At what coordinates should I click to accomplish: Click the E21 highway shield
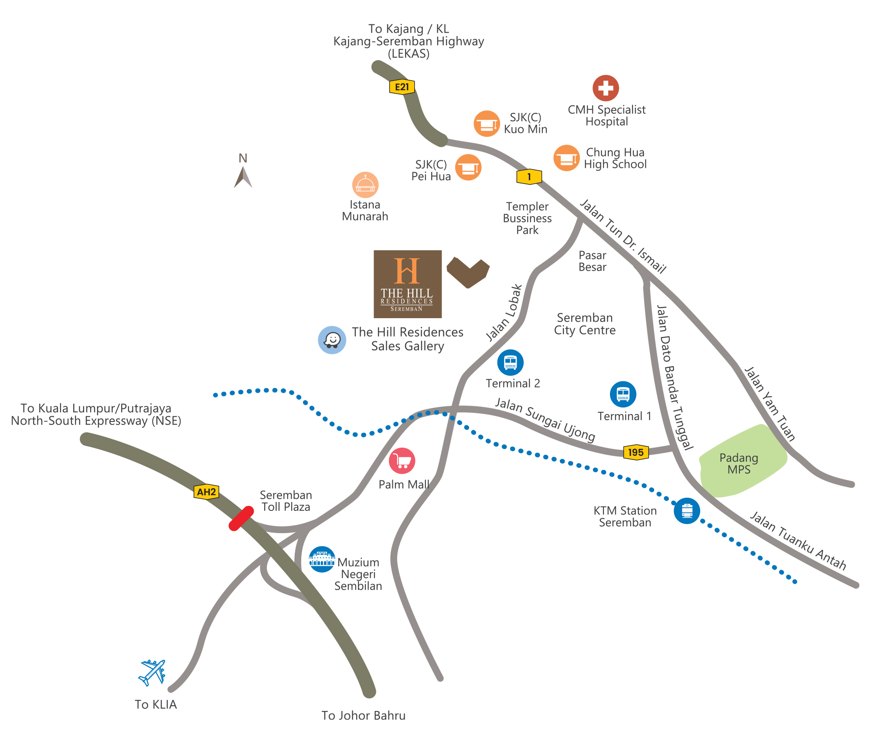402,87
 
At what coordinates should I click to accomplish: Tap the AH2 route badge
206,492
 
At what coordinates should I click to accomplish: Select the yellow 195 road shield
636,452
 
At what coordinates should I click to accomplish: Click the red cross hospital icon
606,88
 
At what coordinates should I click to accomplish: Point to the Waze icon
332,340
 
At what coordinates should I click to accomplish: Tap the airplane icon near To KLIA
152,672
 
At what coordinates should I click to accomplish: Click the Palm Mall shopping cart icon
402,461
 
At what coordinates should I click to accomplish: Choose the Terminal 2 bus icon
510,362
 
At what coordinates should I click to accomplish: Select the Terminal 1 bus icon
623,394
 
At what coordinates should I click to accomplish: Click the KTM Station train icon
687,510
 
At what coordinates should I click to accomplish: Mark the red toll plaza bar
241,518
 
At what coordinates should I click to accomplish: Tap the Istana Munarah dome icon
365,185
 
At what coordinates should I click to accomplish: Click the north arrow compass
243,176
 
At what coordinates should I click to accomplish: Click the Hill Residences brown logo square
408,284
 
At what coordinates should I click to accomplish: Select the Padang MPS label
739,464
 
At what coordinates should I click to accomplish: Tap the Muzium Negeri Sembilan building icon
322,559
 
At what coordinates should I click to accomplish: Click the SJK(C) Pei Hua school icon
468,167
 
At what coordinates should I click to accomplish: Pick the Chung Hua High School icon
566,158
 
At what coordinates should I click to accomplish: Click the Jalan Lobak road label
504,313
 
